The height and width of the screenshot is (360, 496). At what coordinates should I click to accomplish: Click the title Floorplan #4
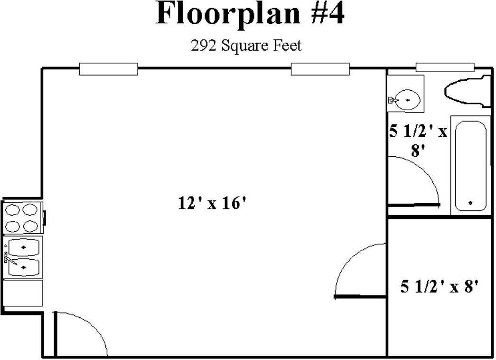pos(250,13)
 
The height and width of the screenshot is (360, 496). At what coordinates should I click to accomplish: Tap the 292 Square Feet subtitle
pos(246,45)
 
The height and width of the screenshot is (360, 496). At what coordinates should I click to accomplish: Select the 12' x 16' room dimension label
pos(212,203)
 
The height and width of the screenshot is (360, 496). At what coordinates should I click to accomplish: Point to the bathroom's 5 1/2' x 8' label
pos(418,140)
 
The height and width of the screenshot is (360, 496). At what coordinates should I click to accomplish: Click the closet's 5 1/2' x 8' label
pos(440,286)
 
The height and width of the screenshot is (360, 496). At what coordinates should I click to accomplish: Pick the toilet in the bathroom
pos(468,91)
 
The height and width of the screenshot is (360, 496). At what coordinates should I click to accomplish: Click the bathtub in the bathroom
pos(470,166)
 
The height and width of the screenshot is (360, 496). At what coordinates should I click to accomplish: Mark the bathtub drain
pos(470,203)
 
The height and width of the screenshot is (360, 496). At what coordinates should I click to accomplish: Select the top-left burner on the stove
pos(13,209)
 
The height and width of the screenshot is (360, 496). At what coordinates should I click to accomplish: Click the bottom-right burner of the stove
pos(31,226)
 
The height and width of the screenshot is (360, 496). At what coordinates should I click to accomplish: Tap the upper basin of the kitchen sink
pos(24,247)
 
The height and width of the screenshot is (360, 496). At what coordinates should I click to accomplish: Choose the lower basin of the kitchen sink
pos(24,267)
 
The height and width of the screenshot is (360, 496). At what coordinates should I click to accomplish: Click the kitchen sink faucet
pos(9,258)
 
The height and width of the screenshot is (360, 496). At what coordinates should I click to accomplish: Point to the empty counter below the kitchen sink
pos(22,293)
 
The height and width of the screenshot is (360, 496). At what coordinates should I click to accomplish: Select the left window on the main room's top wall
pos(109,69)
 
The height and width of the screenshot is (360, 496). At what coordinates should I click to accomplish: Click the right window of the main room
pos(320,69)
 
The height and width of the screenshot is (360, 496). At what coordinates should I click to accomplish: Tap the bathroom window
pos(445,67)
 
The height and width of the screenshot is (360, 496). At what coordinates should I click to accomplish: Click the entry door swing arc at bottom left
pos(92,323)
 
